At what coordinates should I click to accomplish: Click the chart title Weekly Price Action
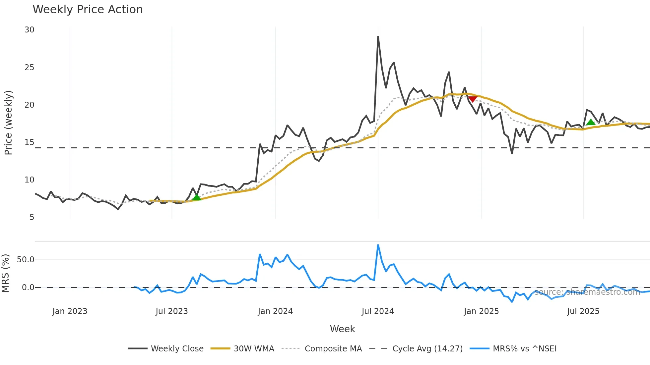(x=88, y=9)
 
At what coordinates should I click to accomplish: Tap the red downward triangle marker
(x=473, y=99)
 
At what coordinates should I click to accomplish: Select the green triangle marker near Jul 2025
(x=591, y=122)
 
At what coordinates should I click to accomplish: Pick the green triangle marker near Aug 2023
(x=197, y=197)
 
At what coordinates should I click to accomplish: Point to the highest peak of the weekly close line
(x=378, y=37)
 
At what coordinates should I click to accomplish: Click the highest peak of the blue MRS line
(x=378, y=245)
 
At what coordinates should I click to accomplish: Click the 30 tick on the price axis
(x=30, y=30)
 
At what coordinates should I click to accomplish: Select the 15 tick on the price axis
(x=30, y=142)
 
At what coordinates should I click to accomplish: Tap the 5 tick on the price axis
(x=32, y=217)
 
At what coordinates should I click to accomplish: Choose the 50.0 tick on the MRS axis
(x=26, y=260)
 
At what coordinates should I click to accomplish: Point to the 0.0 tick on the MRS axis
(x=28, y=287)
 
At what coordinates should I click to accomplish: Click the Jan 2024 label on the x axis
(x=275, y=311)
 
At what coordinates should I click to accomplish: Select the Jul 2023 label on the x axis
(x=172, y=311)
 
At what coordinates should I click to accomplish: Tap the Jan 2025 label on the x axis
(x=481, y=311)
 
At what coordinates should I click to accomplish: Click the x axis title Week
(x=342, y=329)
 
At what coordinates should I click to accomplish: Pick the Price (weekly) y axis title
(x=8, y=123)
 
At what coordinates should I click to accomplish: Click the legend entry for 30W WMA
(x=254, y=349)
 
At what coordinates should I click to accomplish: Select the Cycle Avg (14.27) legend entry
(x=427, y=349)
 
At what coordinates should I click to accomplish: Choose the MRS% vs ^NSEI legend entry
(x=524, y=349)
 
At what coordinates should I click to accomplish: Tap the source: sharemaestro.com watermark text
(x=587, y=292)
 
